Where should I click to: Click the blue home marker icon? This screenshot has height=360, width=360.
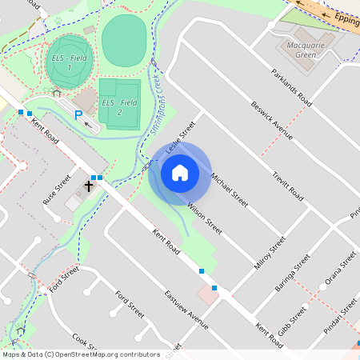(x=179, y=173)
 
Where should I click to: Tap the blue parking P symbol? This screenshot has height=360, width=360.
(x=78, y=116)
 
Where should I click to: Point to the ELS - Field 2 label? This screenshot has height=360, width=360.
(x=119, y=107)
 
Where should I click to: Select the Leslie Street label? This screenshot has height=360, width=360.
(x=180, y=138)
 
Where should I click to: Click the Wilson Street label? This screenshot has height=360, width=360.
(x=204, y=218)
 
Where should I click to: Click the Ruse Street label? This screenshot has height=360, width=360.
(x=57, y=189)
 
